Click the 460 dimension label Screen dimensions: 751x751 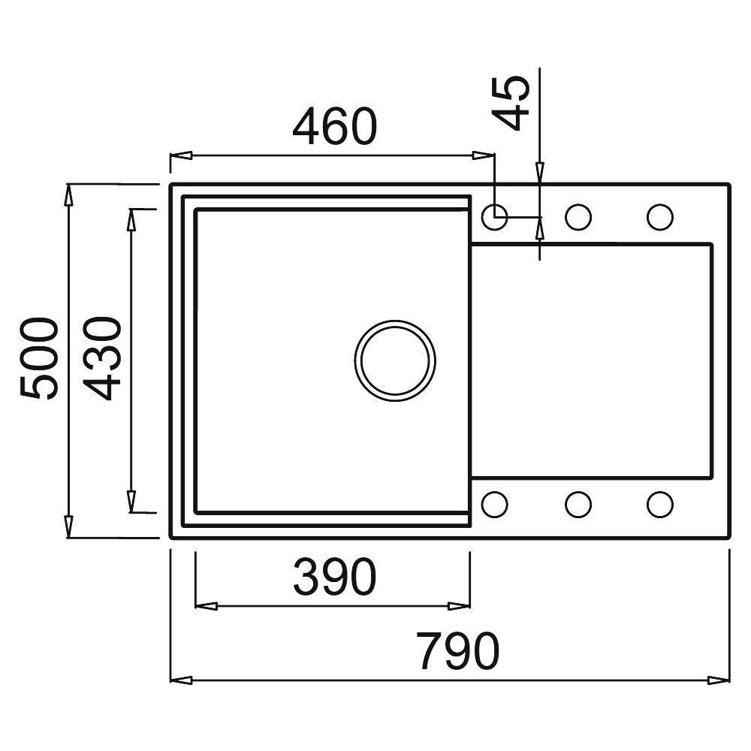333,128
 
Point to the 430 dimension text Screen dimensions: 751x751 101,359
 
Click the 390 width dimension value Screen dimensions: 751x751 333,577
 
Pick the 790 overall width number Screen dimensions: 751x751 458,651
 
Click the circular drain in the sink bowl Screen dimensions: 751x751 395,359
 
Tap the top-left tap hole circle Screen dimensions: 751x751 494,217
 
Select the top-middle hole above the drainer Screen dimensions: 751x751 578,217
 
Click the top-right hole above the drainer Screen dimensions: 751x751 659,217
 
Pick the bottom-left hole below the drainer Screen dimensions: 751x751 494,504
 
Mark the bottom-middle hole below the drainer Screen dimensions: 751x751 578,504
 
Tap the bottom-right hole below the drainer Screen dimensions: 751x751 659,504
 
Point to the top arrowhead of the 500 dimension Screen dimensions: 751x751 68,194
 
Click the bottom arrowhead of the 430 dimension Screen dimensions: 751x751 131,502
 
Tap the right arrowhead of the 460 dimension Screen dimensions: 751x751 483,156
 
